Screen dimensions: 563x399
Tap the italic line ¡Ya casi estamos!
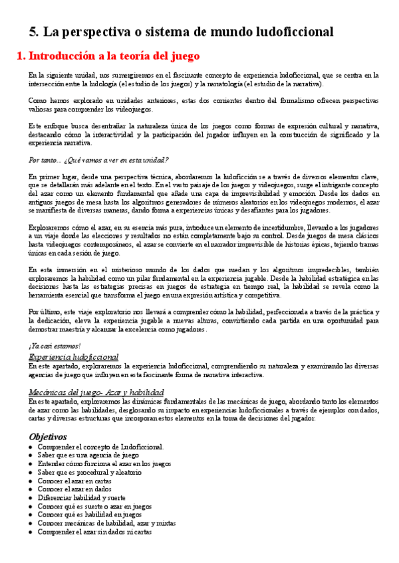(x=55, y=345)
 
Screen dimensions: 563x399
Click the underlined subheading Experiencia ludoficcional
(x=74, y=357)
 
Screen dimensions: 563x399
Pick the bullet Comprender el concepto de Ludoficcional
(x=100, y=447)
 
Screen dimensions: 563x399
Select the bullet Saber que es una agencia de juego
(x=88, y=455)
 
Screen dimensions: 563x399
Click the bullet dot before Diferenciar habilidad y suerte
(x=31, y=498)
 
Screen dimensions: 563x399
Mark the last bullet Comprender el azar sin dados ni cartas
(x=94, y=532)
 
